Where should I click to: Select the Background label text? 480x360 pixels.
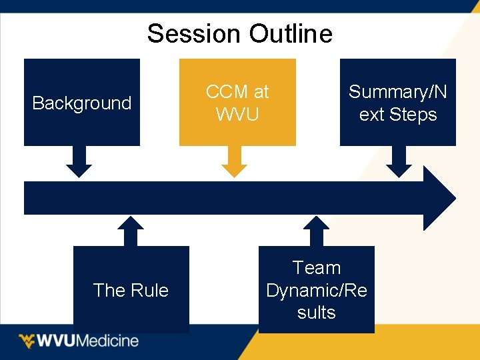82,103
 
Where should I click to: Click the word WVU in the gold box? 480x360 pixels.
237,115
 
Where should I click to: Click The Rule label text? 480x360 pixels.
131,290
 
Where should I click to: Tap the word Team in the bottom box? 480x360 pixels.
317,268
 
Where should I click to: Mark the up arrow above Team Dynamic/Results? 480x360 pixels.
317,231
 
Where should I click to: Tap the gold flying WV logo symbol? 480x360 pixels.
27,341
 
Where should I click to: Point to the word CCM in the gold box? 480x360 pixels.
227,92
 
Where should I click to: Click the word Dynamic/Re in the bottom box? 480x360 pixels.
317,291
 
